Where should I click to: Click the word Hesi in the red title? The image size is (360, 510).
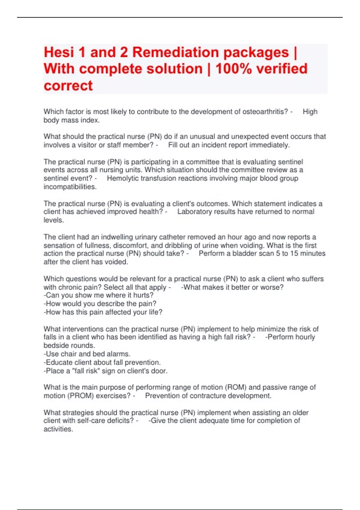point(58,52)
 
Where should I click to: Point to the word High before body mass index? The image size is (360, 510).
point(310,112)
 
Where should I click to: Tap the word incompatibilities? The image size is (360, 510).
point(70,187)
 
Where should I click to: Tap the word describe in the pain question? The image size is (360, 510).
point(112,304)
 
